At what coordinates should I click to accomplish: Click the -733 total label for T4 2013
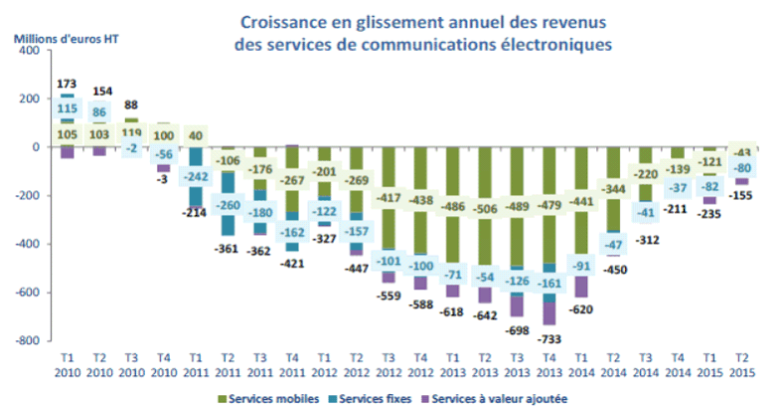click(x=550, y=339)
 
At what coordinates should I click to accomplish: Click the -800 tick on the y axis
click(x=36, y=340)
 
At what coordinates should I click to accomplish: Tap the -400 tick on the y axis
click(x=36, y=244)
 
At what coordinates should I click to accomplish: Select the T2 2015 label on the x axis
click(x=740, y=363)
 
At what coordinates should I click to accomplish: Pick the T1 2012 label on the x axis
click(x=324, y=363)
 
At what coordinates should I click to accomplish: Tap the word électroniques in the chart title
click(x=558, y=44)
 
